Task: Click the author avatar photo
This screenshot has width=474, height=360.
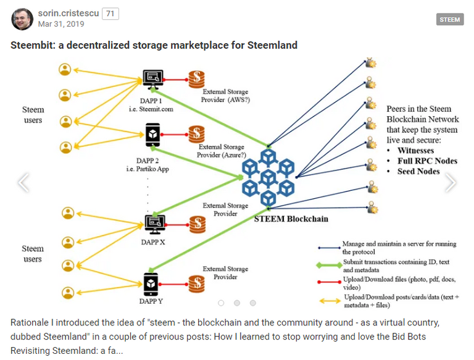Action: [x=22, y=19]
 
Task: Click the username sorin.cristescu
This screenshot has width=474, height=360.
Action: [x=68, y=14]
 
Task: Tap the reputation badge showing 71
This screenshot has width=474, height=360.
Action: [x=110, y=14]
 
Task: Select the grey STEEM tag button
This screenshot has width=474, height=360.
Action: [x=450, y=20]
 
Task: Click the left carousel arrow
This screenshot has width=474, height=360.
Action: [x=23, y=182]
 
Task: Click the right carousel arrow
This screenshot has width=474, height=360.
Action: [x=451, y=182]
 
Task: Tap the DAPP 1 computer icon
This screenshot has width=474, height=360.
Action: [x=152, y=78]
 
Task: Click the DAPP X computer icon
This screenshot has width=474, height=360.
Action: [x=152, y=222]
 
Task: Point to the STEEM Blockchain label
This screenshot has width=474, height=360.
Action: [x=291, y=219]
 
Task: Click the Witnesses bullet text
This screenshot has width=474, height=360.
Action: [x=415, y=151]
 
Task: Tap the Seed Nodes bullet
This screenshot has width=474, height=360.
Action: [x=418, y=172]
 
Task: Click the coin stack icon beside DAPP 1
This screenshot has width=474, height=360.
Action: [x=196, y=79]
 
